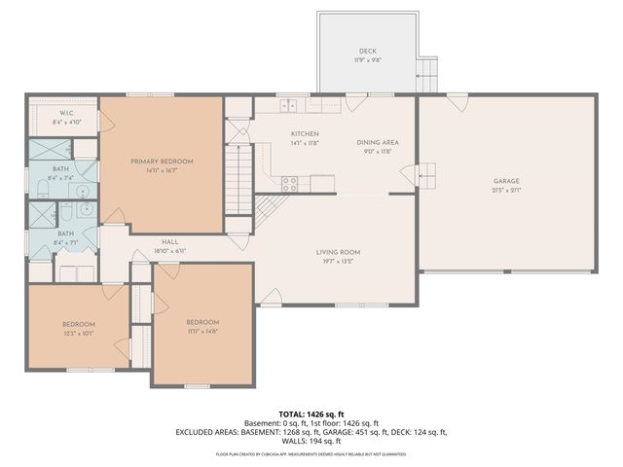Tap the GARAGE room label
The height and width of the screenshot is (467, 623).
pos(506,181)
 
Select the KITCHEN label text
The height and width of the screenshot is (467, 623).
pos(305,134)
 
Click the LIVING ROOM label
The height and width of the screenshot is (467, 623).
pos(338,252)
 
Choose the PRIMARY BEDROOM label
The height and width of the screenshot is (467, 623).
pos(163,162)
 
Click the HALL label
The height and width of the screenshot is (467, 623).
pos(169,241)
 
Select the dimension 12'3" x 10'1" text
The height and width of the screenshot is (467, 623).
pos(79,333)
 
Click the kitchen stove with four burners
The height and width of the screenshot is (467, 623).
pos(289,181)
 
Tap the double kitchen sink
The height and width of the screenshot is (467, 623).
pos(289,104)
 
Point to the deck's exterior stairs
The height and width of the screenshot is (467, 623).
pos(426,69)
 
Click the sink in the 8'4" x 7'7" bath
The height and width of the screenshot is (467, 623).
pos(86,208)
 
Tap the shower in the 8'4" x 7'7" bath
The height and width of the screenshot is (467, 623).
pos(41,213)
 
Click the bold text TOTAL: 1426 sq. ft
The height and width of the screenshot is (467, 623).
pos(311,413)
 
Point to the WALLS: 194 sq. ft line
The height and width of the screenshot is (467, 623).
pos(311,441)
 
